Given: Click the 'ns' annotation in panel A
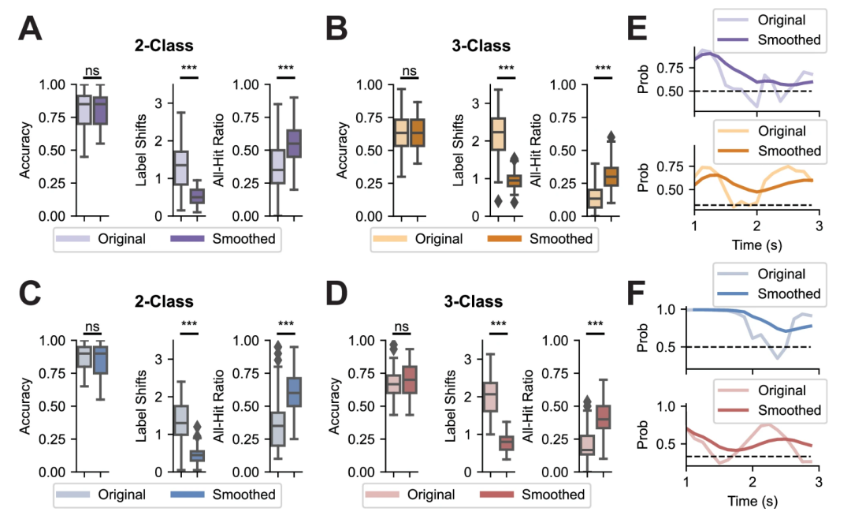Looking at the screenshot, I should (x=92, y=71).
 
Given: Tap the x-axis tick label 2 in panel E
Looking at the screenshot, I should (x=756, y=226).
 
